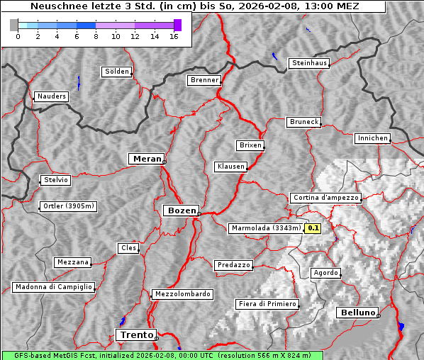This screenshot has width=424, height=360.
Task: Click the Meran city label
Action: [x=147, y=159]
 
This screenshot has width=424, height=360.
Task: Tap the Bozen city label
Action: [x=181, y=210]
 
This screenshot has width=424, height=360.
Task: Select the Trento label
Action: [x=135, y=334]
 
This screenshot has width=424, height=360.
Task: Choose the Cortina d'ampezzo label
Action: [x=325, y=198]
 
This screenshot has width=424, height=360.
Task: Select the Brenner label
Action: [x=204, y=80]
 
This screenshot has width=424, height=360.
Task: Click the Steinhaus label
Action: [x=310, y=63]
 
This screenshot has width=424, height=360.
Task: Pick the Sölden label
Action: [x=117, y=72]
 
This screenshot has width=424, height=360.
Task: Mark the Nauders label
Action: [x=52, y=96]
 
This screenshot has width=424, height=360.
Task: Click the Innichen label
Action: [x=372, y=138]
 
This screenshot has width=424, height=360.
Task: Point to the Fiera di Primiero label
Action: [x=267, y=304]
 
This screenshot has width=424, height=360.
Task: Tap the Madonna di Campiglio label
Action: [x=53, y=287]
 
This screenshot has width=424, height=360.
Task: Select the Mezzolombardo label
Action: [x=182, y=294]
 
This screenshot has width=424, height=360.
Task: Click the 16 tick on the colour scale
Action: [x=174, y=36]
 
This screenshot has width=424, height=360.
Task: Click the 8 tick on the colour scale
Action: [x=96, y=36]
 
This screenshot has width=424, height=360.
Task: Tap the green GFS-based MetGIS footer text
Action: [x=162, y=355]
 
